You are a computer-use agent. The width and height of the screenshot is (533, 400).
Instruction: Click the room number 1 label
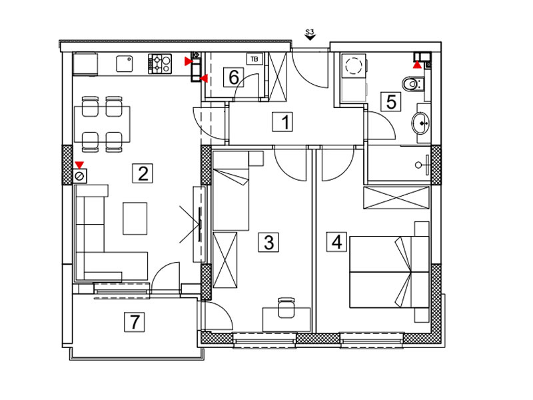coord(282,122)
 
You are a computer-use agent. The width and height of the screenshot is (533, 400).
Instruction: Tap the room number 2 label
coord(143,173)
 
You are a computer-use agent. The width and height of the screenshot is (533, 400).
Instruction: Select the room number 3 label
coord(268,242)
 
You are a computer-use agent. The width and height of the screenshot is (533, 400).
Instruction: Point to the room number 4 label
coord(336,242)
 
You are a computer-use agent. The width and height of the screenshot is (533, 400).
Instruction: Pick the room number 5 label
coord(391,102)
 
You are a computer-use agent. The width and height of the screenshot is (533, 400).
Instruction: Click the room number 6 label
coord(234,77)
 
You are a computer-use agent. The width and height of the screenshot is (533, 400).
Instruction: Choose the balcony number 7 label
coord(135,322)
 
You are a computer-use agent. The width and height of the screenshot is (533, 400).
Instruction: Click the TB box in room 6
coord(255,59)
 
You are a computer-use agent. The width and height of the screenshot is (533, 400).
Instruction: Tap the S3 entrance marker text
coord(310,32)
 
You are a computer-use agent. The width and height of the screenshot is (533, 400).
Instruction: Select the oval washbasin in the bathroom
coord(421,123)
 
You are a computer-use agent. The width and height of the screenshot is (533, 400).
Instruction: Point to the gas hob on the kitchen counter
coord(160,64)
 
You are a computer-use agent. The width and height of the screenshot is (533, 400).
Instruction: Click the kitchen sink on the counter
coord(125,64)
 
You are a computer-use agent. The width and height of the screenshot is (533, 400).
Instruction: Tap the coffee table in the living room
coord(135,219)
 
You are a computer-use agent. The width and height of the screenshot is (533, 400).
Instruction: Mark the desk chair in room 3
coord(286,307)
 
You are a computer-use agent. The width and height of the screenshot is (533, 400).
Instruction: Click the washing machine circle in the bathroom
coord(354,65)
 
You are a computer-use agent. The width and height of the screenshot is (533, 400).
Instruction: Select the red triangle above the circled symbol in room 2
coord(79,165)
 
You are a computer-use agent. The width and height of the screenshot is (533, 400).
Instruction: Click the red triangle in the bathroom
coord(417,65)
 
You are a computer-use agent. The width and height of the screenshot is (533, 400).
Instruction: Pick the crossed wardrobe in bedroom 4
coord(396,197)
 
